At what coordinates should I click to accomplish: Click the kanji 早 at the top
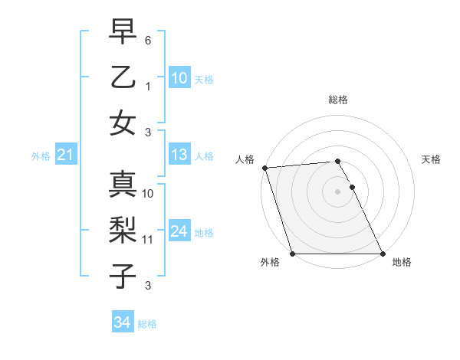pyautogui.click(x=123, y=33)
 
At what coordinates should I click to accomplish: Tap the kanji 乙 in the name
pyautogui.click(x=123, y=78)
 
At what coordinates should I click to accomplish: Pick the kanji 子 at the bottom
pyautogui.click(x=123, y=276)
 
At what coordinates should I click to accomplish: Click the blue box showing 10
pyautogui.click(x=179, y=78)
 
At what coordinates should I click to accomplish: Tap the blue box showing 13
pyautogui.click(x=179, y=155)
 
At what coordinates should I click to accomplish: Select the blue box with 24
pyautogui.click(x=179, y=231)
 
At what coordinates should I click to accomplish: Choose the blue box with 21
pyautogui.click(x=65, y=155)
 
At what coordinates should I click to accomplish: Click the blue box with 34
pyautogui.click(x=123, y=322)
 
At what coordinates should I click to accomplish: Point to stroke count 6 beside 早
pyautogui.click(x=148, y=39)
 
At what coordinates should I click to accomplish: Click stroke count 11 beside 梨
pyautogui.click(x=148, y=240)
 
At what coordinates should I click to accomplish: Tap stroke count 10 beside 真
pyautogui.click(x=148, y=194)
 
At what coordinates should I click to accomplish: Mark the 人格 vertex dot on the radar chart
pyautogui.click(x=264, y=168)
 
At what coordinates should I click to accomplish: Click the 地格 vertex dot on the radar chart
pyautogui.click(x=382, y=254)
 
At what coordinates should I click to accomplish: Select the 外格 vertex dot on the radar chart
pyautogui.click(x=293, y=254)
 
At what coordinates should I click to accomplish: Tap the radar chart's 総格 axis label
pyautogui.click(x=337, y=100)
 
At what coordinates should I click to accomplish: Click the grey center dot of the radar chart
pyautogui.click(x=337, y=191)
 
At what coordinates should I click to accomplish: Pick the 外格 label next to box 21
pyautogui.click(x=41, y=156)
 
